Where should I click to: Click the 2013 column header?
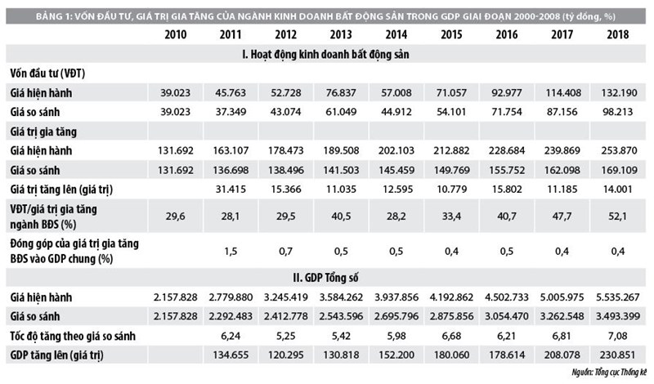pos(341,34)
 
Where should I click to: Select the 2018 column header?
pos(618,34)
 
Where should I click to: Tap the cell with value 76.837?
pos(341,92)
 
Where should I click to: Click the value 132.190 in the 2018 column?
pos(619,92)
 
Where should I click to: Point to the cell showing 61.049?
pos(341,112)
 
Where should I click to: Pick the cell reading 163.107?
pos(231,150)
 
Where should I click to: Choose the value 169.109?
pos(619,170)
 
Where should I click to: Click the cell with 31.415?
pos(231,190)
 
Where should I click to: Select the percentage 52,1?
pos(618,217)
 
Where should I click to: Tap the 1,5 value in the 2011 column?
pos(231,252)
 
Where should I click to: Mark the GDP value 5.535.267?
pos(618,297)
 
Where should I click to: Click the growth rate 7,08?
pos(618,336)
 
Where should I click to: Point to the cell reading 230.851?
pos(618,355)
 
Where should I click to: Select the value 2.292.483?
pos(231,316)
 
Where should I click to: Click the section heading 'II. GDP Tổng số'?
pos(325,278)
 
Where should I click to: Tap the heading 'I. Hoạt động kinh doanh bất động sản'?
pos(325,55)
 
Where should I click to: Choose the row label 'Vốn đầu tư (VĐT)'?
pos(47,74)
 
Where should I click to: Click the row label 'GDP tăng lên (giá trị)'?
pos(56,355)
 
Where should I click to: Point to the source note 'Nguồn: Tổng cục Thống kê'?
pos(609,373)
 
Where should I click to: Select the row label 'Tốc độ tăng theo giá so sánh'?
pos(73,336)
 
